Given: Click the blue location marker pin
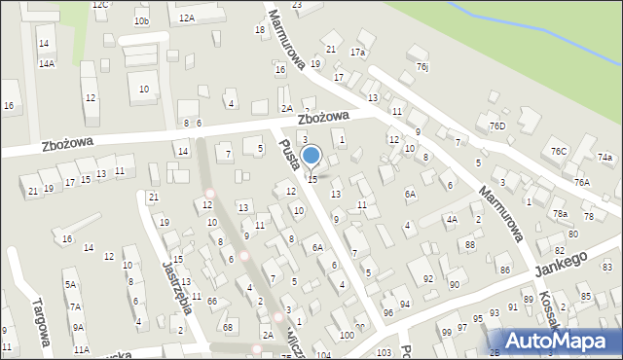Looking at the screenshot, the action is tap(311, 157).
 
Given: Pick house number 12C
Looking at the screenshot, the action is tap(100, 5).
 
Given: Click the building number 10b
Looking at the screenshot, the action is tap(142, 21).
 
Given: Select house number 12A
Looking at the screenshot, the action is tap(186, 18).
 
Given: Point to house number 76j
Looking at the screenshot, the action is tap(421, 66).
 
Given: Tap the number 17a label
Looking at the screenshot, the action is tap(358, 52).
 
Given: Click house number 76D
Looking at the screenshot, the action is tap(497, 126).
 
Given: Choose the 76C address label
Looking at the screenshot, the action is tap(558, 151).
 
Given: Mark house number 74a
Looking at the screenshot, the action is tap(605, 158).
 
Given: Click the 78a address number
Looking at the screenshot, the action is tap(560, 213).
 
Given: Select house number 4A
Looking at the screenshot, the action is tap(452, 220).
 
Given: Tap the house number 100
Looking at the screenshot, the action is tap(347, 335).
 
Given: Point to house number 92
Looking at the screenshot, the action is tap(427, 279).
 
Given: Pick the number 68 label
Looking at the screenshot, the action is tap(228, 326).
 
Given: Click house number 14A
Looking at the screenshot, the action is tap(46, 63).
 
